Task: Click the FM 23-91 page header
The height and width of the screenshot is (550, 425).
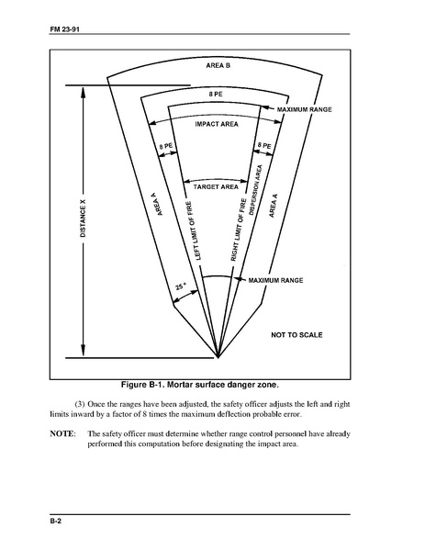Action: (x=65, y=29)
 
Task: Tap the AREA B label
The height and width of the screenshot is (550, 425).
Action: (x=218, y=65)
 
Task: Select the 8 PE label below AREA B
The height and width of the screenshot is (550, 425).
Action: (x=216, y=94)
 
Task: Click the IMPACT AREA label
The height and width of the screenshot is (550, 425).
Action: (x=217, y=124)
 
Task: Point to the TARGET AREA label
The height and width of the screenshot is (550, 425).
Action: (x=216, y=187)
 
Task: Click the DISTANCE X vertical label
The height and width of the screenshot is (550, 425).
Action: (x=83, y=219)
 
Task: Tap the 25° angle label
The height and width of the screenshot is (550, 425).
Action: (x=181, y=286)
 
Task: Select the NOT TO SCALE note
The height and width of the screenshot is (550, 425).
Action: (x=296, y=335)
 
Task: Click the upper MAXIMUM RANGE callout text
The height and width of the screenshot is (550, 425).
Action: (x=305, y=109)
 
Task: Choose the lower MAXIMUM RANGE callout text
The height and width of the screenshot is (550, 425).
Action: (x=275, y=280)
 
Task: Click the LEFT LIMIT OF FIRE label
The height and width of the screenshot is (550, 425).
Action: (x=193, y=230)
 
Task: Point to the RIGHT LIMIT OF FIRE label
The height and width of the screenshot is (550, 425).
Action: (x=239, y=230)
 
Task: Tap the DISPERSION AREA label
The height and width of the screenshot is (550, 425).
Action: (x=255, y=190)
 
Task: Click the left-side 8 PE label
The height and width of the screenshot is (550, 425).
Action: (x=165, y=146)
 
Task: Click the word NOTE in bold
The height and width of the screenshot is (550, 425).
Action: (x=62, y=434)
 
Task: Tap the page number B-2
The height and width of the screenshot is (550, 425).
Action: (x=55, y=522)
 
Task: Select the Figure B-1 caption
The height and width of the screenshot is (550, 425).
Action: (x=200, y=385)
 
